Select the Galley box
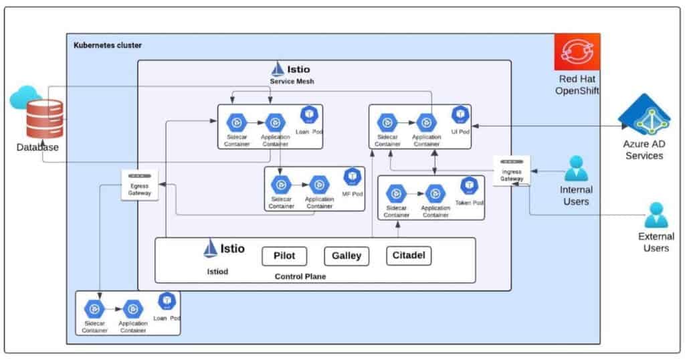(x=347, y=256)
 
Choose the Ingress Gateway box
(x=512, y=170)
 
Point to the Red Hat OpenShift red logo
(x=577, y=53)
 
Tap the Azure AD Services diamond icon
(x=644, y=116)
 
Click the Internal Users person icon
(x=576, y=169)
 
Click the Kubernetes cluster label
(x=107, y=45)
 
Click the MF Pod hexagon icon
(x=352, y=177)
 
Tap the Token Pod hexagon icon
(x=470, y=185)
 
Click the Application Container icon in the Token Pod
(x=435, y=195)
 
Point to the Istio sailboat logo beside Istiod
(x=211, y=249)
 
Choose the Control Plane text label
(x=300, y=276)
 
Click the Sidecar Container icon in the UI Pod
(x=387, y=122)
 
